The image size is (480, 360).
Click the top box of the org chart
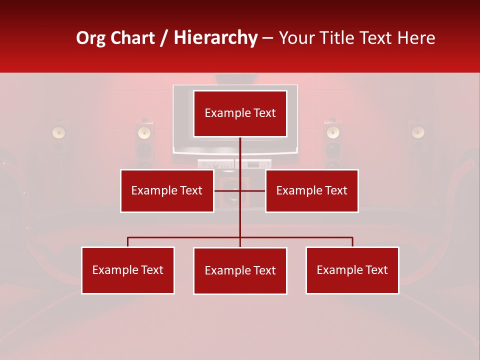click(x=240, y=113)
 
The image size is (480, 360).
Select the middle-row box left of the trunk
click(x=167, y=190)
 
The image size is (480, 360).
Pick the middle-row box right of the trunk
click(x=311, y=190)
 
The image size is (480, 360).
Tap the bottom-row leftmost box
click(x=128, y=270)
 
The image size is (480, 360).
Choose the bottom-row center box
click(x=240, y=270)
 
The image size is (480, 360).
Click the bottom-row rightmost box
click(x=352, y=270)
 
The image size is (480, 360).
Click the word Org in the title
click(x=90, y=38)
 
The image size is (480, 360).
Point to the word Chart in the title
click(x=132, y=38)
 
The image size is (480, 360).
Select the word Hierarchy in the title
click(x=215, y=38)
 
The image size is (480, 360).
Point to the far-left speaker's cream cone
click(x=59, y=132)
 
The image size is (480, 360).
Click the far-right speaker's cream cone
click(x=418, y=132)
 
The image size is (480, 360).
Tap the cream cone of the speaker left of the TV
click(x=144, y=132)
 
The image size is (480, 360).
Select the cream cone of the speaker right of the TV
click(x=333, y=132)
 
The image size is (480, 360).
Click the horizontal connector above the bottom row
click(x=185, y=237)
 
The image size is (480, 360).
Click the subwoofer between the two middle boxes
click(x=232, y=197)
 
